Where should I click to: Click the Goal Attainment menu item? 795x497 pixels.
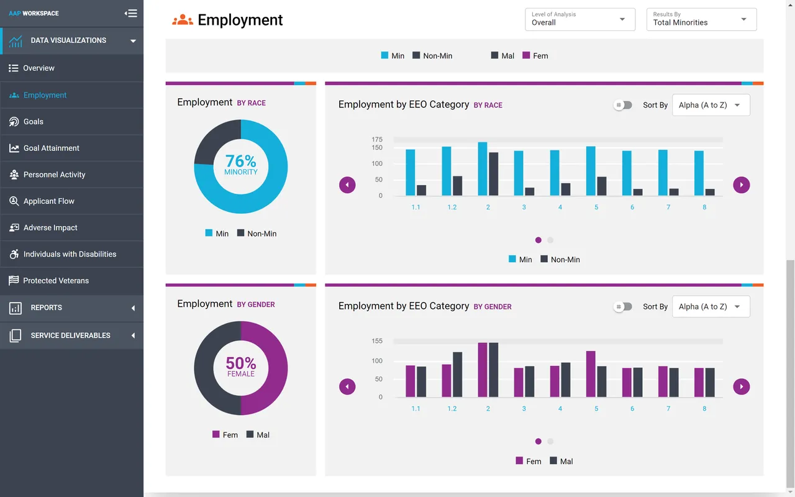[52, 148]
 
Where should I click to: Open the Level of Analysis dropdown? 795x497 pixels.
[579, 19]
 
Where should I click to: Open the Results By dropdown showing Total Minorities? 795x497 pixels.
[701, 19]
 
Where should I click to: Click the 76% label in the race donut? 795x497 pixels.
[240, 162]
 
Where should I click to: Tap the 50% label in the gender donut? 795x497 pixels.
[240, 363]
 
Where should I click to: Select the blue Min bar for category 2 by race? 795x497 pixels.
[483, 169]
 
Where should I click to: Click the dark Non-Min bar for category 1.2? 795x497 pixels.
[458, 186]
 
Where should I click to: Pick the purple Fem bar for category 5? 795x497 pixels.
[591, 374]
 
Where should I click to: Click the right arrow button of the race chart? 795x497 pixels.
[741, 185]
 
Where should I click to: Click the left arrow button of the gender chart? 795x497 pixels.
[347, 386]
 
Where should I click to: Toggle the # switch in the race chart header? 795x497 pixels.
[622, 105]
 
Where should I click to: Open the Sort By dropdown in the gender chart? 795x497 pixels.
[711, 306]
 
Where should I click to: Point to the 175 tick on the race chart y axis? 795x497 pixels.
[377, 140]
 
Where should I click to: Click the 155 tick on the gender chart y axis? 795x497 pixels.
[377, 341]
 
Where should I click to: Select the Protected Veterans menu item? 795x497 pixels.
[56, 281]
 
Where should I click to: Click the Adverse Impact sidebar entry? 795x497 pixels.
[50, 227]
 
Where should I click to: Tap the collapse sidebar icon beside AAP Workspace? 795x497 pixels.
[130, 13]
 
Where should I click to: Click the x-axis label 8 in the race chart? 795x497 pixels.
[704, 207]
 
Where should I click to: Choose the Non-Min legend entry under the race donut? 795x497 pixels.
[257, 234]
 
